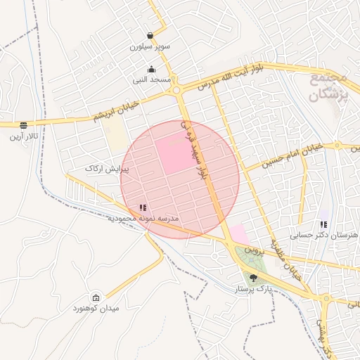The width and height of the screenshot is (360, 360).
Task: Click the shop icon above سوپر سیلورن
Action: (x=150, y=35)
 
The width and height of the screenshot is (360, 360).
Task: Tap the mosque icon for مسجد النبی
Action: (x=152, y=69)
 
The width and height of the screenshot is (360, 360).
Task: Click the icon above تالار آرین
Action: (x=24, y=125)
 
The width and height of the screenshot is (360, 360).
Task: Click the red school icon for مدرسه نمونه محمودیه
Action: (x=143, y=207)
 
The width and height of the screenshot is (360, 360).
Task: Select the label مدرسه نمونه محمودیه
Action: (x=143, y=219)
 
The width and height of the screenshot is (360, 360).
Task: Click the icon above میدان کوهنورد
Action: (x=96, y=297)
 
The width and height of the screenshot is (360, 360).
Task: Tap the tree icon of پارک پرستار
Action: (x=253, y=278)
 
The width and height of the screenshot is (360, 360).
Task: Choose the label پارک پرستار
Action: (x=253, y=289)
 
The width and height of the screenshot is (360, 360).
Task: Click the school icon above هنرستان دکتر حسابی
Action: (x=323, y=224)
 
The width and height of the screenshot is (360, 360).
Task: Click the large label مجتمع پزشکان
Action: (x=328, y=85)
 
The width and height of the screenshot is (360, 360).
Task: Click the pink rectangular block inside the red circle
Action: (x=174, y=155)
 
